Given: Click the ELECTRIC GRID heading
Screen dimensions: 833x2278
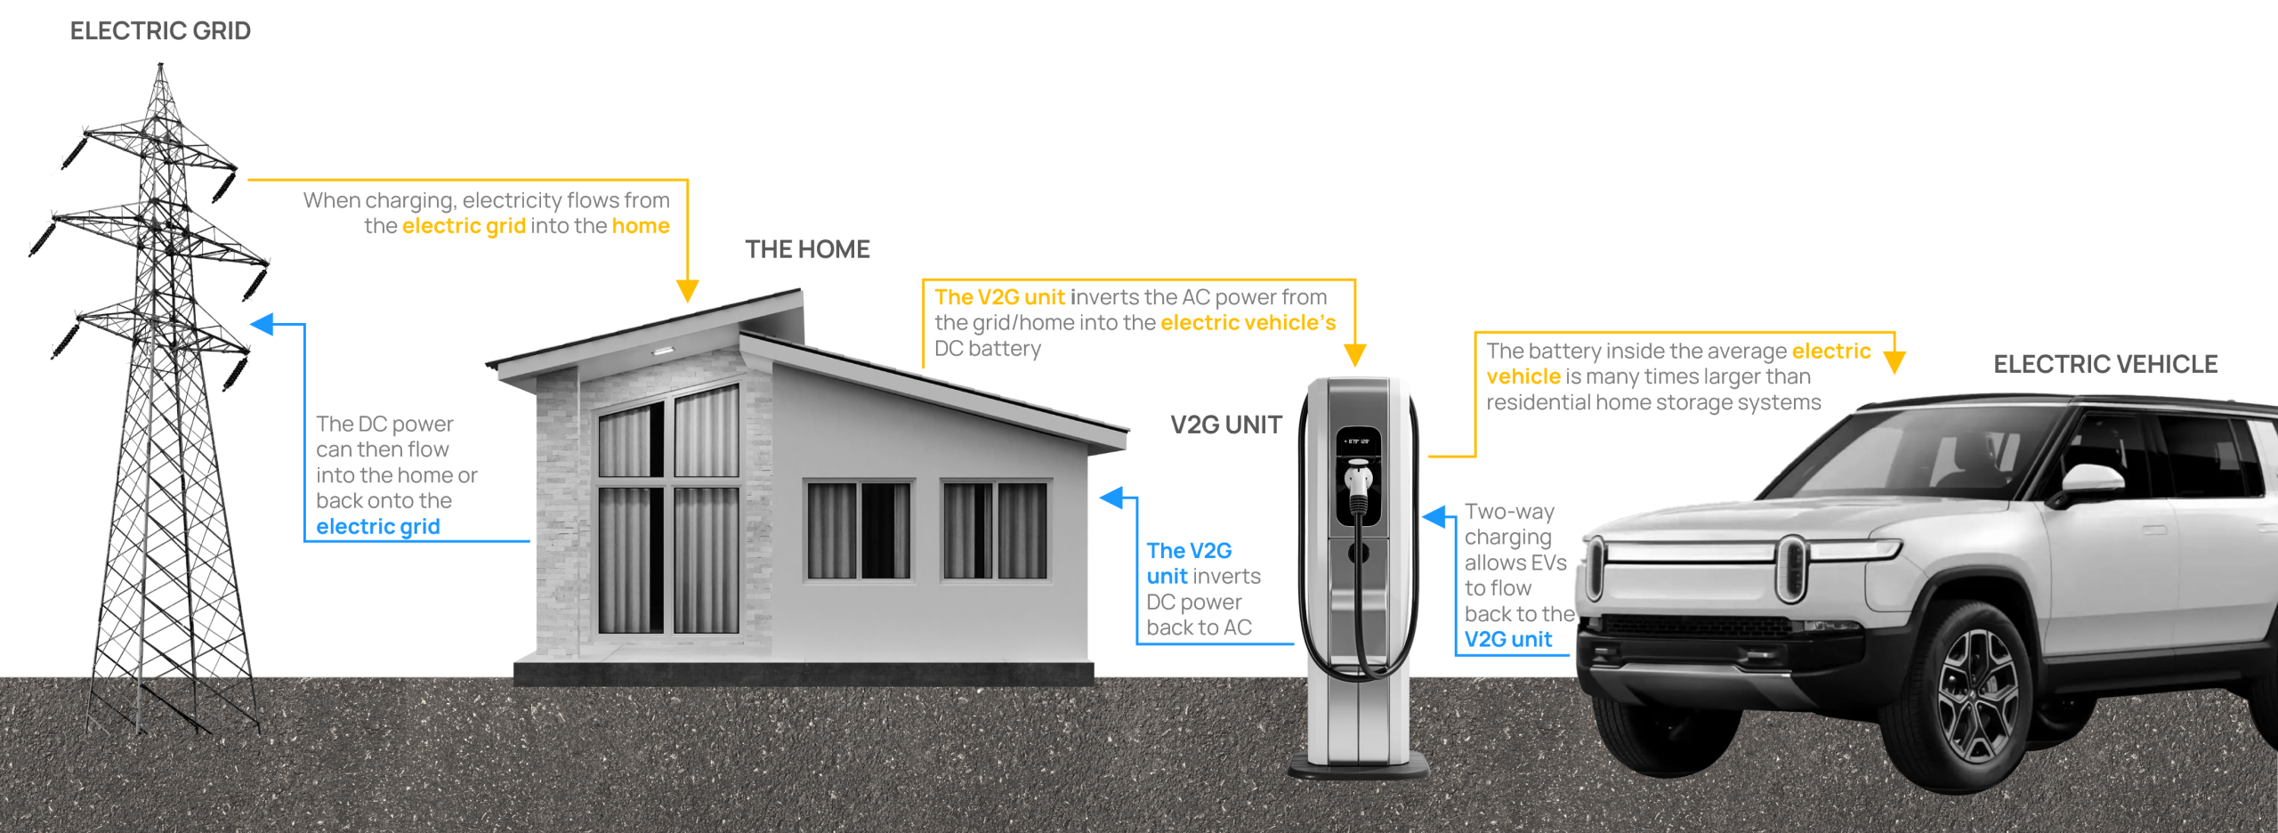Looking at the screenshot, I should tap(160, 31).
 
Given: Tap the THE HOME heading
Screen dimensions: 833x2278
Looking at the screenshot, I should tap(807, 249).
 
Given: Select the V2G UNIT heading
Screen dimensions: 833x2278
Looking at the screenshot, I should tap(1225, 425).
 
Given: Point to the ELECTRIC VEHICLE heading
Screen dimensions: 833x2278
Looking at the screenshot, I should tap(2104, 364).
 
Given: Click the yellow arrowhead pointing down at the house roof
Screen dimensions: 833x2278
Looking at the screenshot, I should tap(687, 291).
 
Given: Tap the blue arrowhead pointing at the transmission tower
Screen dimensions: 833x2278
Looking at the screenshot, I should tap(263, 324).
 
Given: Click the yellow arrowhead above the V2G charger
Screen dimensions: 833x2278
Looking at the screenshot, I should tap(1354, 355).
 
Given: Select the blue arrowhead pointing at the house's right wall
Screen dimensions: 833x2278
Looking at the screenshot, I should tap(1111, 497).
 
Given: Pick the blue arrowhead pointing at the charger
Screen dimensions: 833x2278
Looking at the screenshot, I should tap(1434, 516).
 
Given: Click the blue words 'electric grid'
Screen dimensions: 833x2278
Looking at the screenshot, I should tap(378, 527).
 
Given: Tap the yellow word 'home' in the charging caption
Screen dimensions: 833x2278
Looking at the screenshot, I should tap(641, 226).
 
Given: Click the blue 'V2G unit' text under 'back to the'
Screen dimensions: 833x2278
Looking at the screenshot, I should tap(1508, 639).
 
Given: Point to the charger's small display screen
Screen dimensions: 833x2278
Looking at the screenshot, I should tap(1358, 441).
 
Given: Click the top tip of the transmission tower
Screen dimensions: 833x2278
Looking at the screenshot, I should tap(160, 65).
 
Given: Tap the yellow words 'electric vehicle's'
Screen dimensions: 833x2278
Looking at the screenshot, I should tap(1248, 323).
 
